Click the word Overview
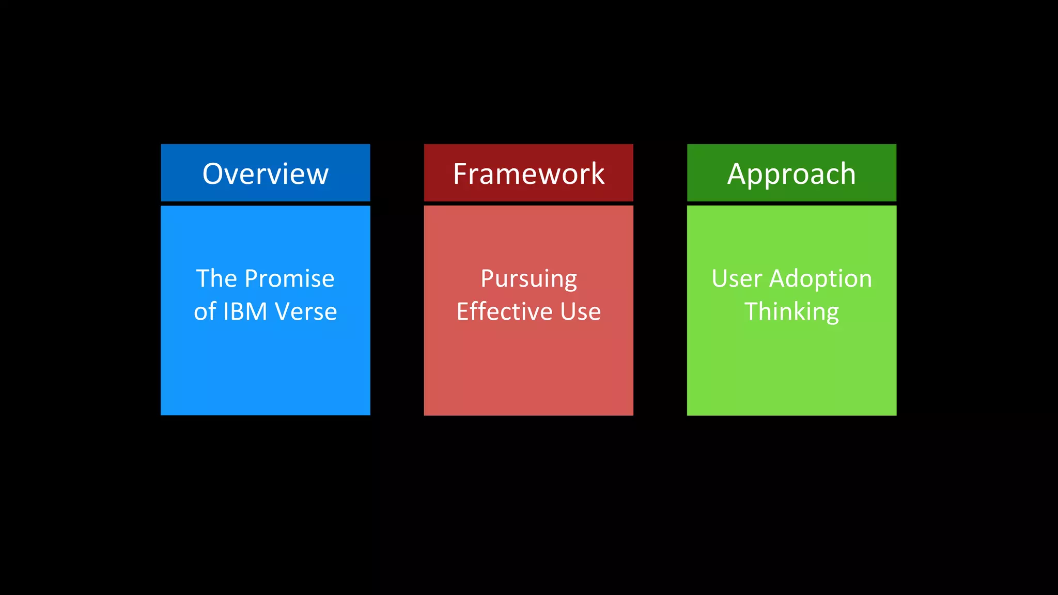265,174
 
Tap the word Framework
528,174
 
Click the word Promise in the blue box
289,279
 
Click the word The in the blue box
216,279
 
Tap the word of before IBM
205,311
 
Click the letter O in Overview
214,174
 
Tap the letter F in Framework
460,174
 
